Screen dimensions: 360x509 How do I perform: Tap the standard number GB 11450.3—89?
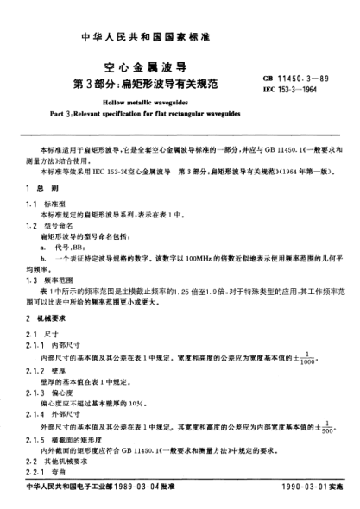point(296,79)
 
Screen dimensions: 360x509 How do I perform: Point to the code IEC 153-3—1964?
point(294,90)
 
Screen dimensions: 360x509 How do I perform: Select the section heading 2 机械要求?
point(47,320)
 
